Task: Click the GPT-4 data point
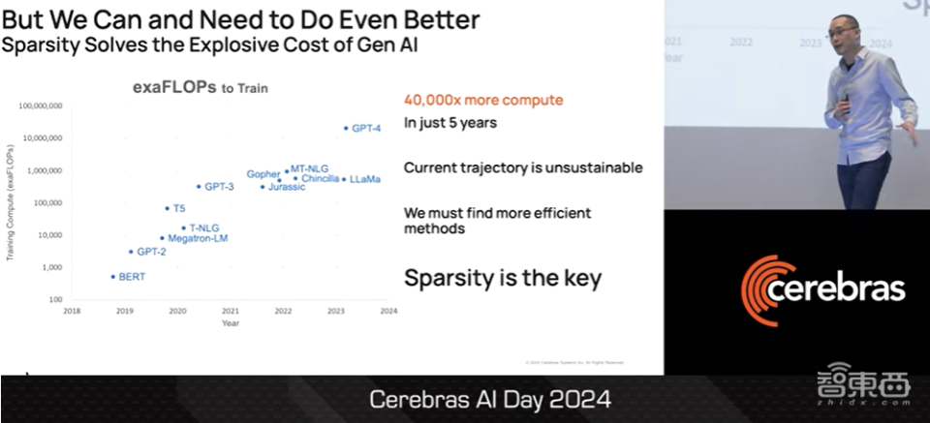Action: click(346, 128)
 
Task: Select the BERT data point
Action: click(113, 277)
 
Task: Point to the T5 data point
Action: click(167, 208)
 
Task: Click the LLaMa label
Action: click(365, 179)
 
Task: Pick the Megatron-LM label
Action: click(198, 238)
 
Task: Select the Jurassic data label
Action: click(287, 187)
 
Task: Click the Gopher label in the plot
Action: click(263, 174)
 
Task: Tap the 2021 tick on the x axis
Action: click(230, 312)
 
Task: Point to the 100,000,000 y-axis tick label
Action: click(40, 105)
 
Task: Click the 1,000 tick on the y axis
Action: click(52, 267)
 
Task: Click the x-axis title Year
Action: click(230, 323)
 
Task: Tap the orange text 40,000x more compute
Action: click(483, 100)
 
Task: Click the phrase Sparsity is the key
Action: click(503, 279)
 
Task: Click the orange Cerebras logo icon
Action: click(766, 287)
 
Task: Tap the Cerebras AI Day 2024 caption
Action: click(491, 400)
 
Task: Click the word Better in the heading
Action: click(432, 20)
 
